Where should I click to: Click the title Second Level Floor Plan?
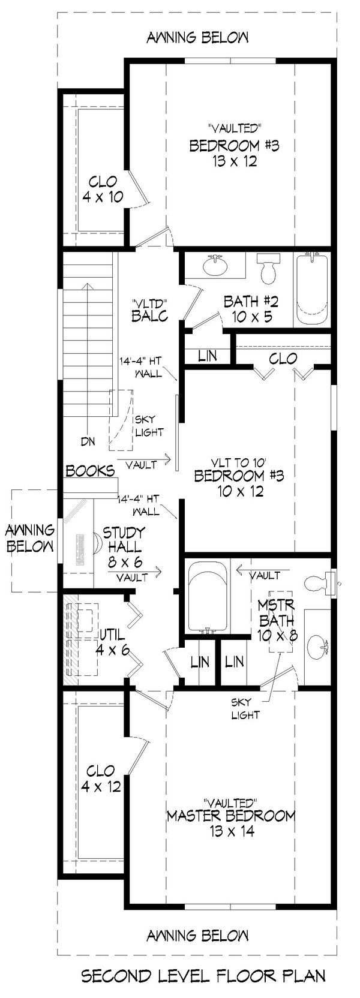(x=203, y=976)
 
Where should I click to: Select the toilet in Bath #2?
(x=268, y=269)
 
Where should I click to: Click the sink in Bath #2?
(x=214, y=263)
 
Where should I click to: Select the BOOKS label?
(x=90, y=471)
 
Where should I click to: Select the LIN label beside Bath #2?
(x=207, y=355)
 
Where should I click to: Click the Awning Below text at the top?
(x=197, y=38)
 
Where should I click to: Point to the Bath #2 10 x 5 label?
(x=248, y=308)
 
